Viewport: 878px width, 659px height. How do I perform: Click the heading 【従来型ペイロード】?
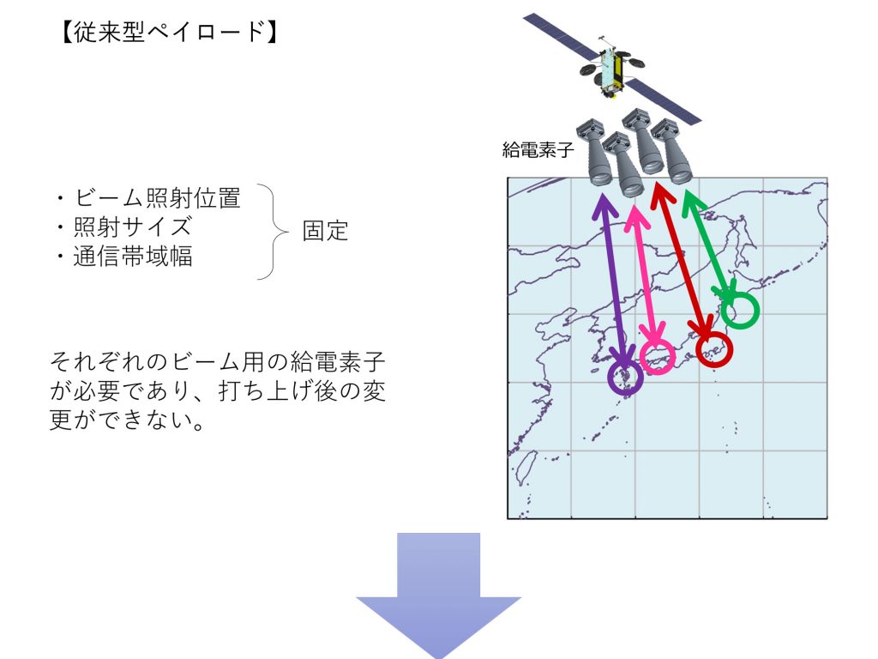pos(169,32)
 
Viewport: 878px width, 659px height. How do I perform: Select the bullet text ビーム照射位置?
pos(158,198)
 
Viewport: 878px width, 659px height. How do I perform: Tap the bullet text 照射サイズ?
pos(133,227)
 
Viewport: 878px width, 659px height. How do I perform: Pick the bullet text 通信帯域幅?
pos(133,256)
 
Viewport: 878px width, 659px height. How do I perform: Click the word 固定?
pos(325,231)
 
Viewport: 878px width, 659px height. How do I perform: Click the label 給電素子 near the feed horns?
pos(538,149)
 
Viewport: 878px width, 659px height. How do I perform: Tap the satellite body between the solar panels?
pos(610,70)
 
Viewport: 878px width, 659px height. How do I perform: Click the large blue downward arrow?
pos(438,594)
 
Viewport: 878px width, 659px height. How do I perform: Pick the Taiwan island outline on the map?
pos(526,467)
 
